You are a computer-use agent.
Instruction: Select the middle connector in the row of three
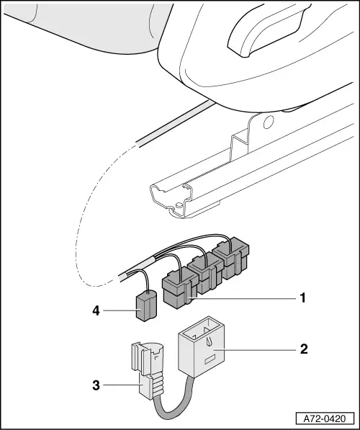click(x=204, y=277)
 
